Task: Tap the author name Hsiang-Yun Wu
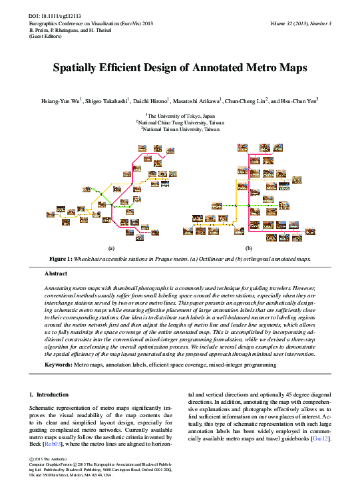point(61,101)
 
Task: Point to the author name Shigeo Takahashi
point(104,101)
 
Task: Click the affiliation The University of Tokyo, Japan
point(180,115)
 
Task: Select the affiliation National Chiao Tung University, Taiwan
point(180,122)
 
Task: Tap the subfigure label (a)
point(111,247)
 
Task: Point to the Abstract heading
point(55,273)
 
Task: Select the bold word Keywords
point(58,365)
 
